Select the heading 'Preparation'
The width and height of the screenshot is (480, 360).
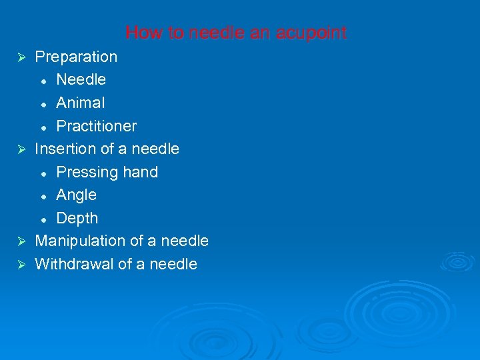pos(76,57)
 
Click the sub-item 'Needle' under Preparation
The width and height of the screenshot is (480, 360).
pos(81,80)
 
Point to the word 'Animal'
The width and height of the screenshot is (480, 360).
pos(81,103)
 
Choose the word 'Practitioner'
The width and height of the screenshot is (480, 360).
pos(97,126)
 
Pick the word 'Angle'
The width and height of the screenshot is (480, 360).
pos(77,195)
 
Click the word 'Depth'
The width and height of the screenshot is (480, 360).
pos(77,219)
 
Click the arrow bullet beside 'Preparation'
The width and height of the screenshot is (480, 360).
pos(21,57)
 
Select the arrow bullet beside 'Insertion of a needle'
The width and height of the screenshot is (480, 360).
pos(21,149)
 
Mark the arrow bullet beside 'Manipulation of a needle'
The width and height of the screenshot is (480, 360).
pos(21,241)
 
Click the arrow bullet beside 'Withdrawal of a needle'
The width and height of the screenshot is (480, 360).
pos(21,265)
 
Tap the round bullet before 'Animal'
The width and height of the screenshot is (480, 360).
pos(43,104)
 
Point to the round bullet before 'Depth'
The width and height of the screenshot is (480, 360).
pos(43,219)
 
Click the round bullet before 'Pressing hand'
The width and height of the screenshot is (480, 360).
pos(43,173)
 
